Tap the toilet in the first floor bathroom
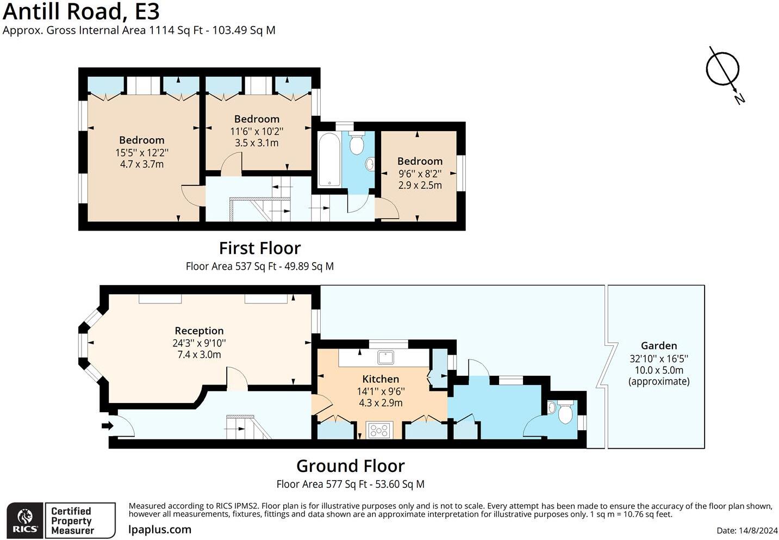point(356,142)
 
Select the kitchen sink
point(385,357)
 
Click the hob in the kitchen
point(379,430)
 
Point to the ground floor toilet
point(565,411)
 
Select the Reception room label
point(199,331)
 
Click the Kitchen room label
point(381,379)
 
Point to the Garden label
point(659,345)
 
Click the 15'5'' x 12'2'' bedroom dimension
point(142,152)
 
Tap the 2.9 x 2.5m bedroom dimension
point(420,185)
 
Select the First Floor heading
point(260,248)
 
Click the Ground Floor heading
point(351,466)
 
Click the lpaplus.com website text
point(160,530)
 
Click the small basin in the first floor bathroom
point(370,164)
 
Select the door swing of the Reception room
point(237,378)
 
